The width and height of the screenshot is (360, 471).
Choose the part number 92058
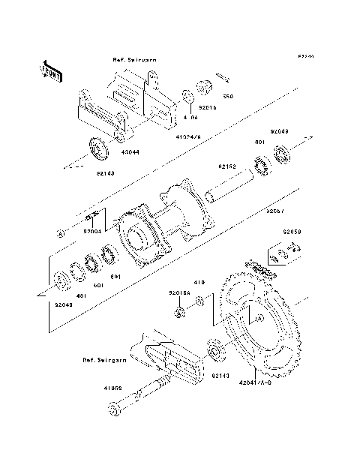coord(292,232)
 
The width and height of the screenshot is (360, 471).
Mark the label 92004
coord(93,232)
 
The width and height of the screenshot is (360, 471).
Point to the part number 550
coord(229,97)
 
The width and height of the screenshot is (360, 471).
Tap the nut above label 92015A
coord(180,310)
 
